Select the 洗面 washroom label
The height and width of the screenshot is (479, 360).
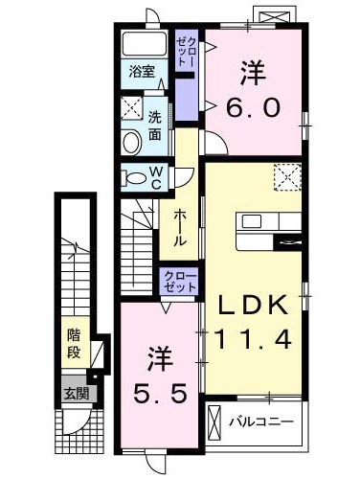point(155,124)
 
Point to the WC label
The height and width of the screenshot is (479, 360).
point(154,177)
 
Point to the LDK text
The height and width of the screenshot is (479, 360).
point(255,305)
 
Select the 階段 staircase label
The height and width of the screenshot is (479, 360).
point(74,342)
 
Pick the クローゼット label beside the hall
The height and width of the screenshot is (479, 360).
point(179,283)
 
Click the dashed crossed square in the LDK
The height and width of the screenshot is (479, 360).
point(286,179)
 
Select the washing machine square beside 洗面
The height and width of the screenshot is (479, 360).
point(133,107)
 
